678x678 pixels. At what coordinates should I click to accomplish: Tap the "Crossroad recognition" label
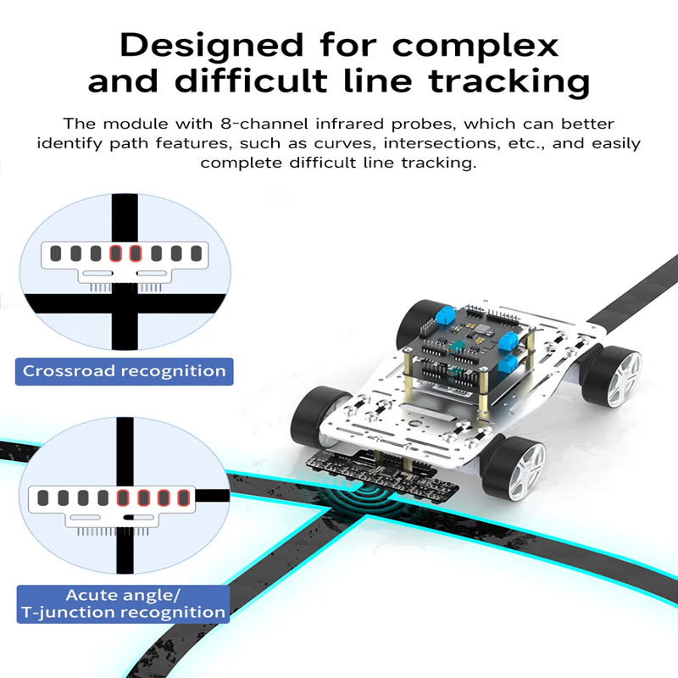[124, 371]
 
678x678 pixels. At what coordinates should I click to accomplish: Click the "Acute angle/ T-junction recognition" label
[123, 604]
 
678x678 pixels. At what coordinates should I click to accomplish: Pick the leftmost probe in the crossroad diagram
[56, 253]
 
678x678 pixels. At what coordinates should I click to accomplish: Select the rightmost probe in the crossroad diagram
[197, 253]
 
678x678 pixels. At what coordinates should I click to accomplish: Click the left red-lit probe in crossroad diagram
[115, 253]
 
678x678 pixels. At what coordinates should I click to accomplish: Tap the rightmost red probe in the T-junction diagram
[183, 497]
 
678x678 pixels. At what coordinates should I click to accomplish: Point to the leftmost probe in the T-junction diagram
[43, 497]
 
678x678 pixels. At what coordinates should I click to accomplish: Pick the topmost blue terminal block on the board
[447, 319]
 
